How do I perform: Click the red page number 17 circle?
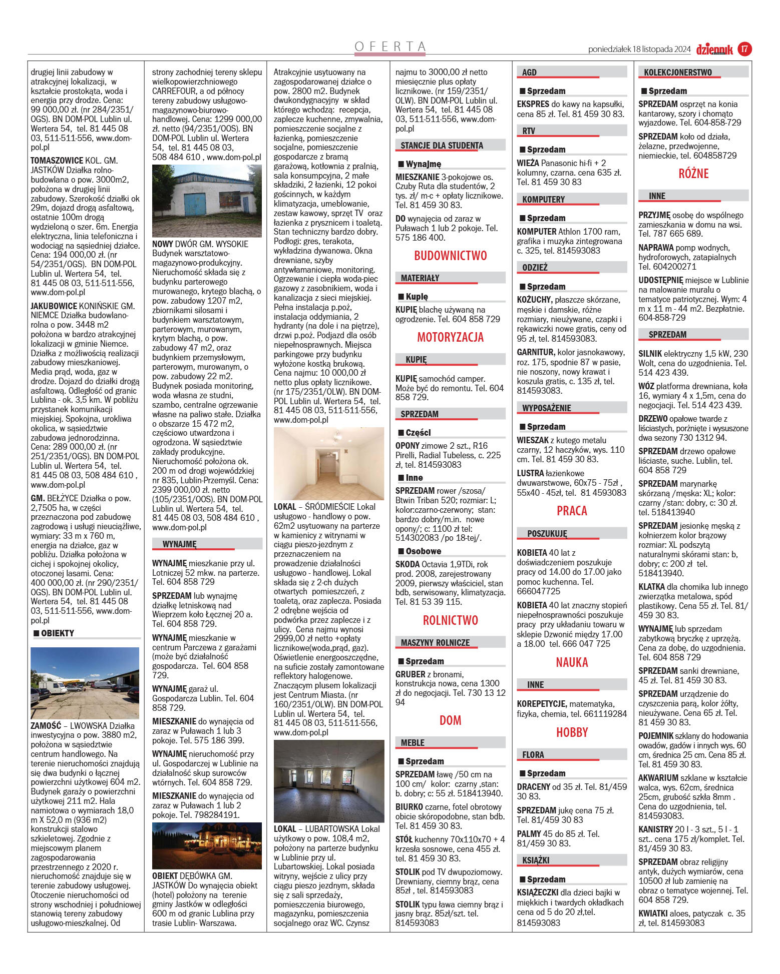click(744, 49)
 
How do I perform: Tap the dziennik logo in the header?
click(714, 50)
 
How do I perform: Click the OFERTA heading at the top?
click(390, 47)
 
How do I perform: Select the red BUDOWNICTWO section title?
click(450, 256)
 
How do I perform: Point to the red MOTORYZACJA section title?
click(450, 337)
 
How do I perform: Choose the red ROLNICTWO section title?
click(450, 620)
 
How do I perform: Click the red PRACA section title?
click(572, 511)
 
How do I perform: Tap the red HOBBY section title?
click(572, 732)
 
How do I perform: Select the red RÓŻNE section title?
click(693, 174)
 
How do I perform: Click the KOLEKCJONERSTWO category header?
click(678, 73)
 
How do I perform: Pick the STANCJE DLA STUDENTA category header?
click(442, 146)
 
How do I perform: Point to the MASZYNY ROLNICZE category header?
click(435, 643)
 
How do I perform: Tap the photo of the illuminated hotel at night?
click(207, 845)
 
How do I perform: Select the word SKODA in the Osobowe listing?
click(407, 564)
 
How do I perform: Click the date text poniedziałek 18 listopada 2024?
click(639, 50)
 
